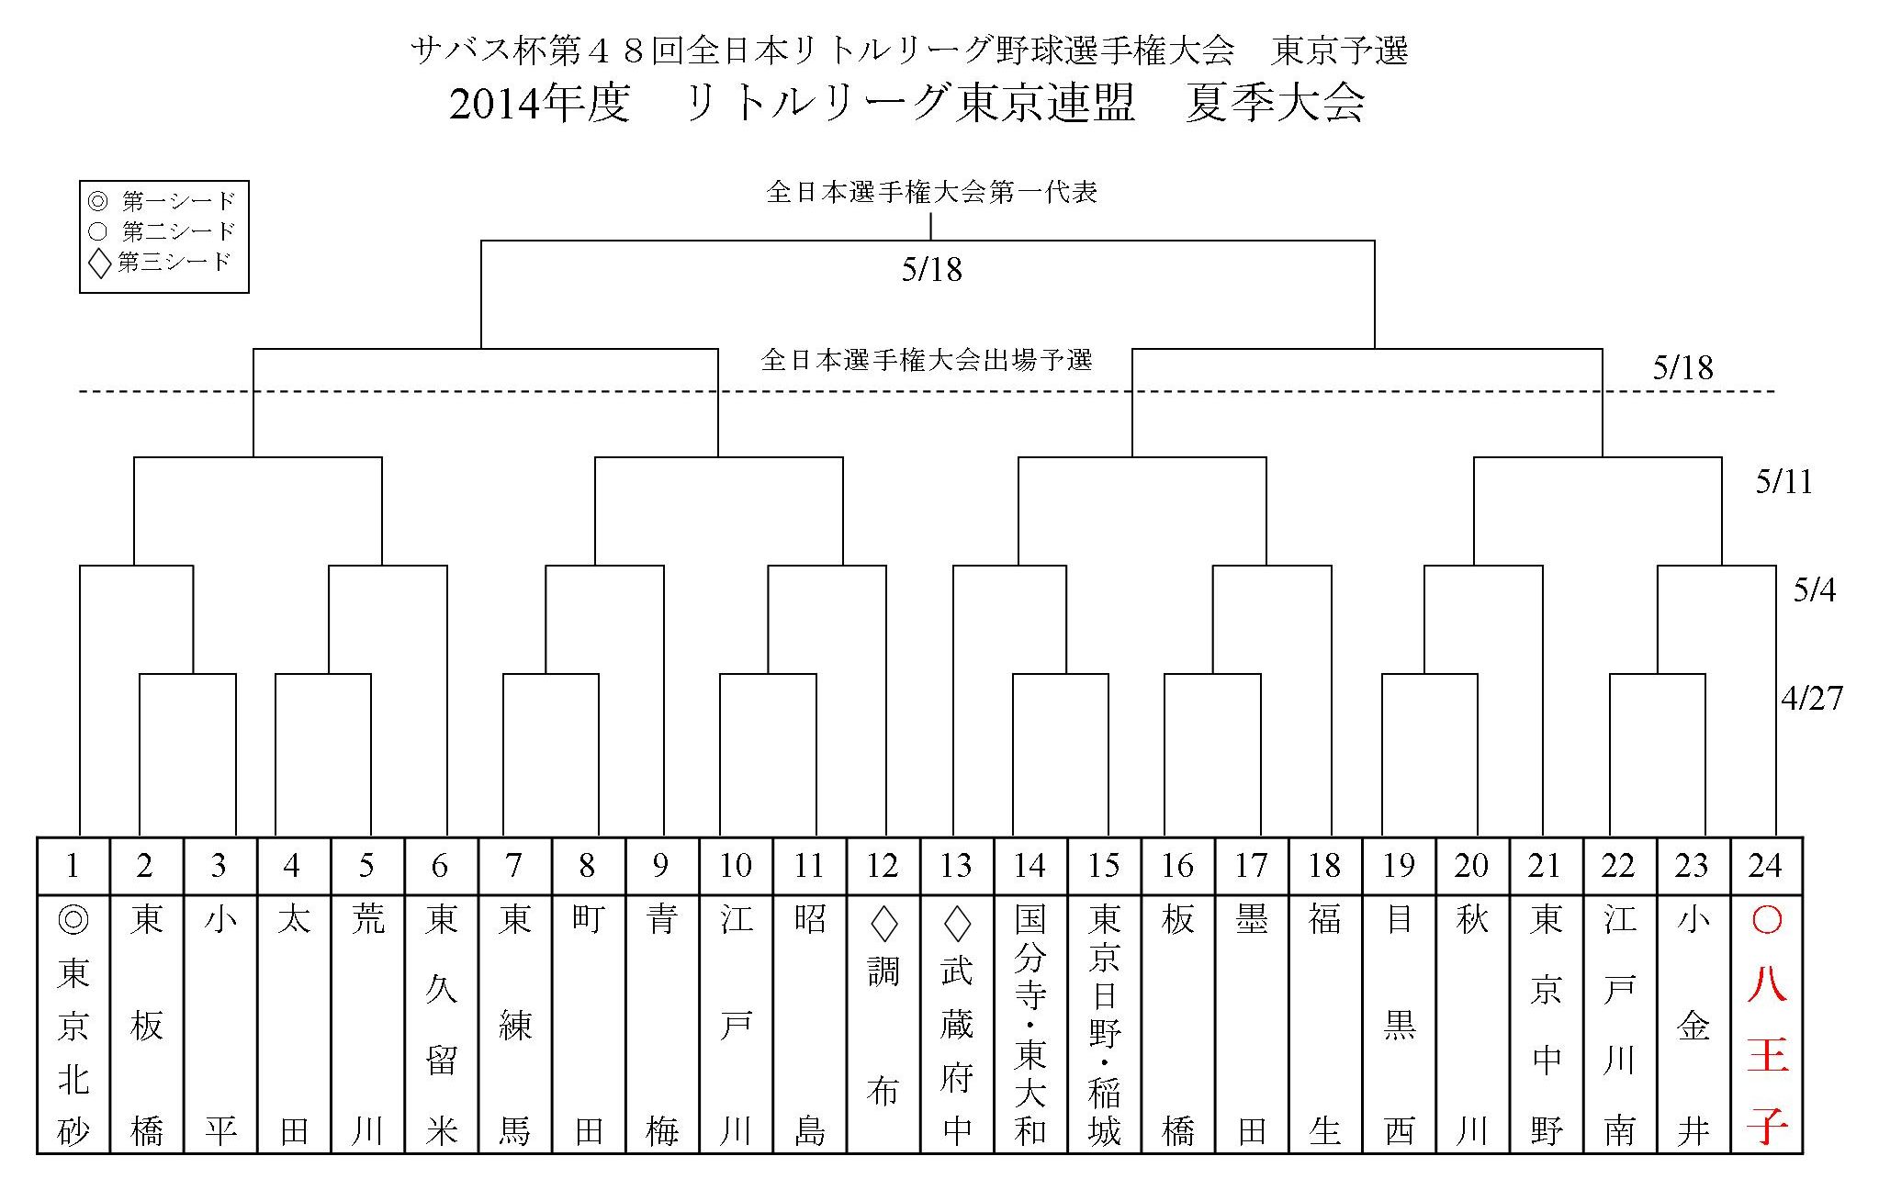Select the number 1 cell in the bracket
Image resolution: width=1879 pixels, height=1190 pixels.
click(73, 866)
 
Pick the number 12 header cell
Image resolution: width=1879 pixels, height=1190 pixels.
click(883, 866)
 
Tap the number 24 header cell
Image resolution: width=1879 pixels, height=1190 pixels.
click(1765, 866)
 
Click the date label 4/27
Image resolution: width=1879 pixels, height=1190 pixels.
click(1811, 699)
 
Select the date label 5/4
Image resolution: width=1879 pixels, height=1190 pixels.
click(1814, 590)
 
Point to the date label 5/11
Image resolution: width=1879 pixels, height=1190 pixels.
click(1783, 483)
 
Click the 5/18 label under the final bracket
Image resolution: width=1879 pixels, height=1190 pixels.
click(931, 269)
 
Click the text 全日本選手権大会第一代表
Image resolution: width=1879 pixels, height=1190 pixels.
click(931, 193)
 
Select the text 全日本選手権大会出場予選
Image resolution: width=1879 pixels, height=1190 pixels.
click(927, 360)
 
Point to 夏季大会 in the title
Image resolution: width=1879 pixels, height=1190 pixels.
click(1274, 104)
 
